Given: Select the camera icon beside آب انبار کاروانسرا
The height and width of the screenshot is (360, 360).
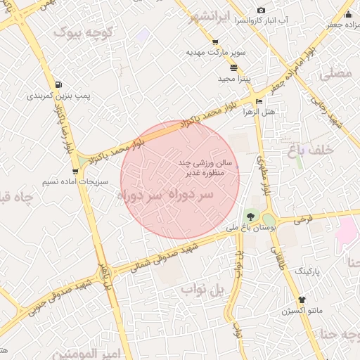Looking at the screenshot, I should click(261, 11).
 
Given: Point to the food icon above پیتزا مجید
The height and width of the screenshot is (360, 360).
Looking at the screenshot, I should click(233, 68).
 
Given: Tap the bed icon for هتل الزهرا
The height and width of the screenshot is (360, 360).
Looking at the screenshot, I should click(259, 102).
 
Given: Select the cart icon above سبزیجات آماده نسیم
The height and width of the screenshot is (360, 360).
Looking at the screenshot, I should click(75, 171).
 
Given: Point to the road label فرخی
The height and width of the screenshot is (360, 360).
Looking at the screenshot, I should click(303, 219).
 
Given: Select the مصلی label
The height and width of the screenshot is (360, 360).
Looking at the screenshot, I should click(336, 73).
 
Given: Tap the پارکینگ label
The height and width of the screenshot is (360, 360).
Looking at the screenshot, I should click(305, 270).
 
